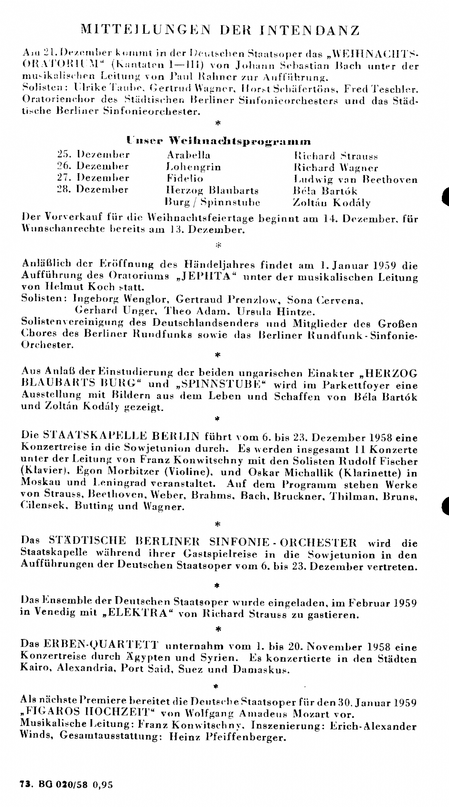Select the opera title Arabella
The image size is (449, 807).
(x=189, y=155)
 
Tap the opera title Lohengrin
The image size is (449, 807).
(x=193, y=167)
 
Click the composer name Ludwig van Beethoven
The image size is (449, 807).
(x=355, y=179)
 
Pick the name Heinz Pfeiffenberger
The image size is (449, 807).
(x=227, y=738)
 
